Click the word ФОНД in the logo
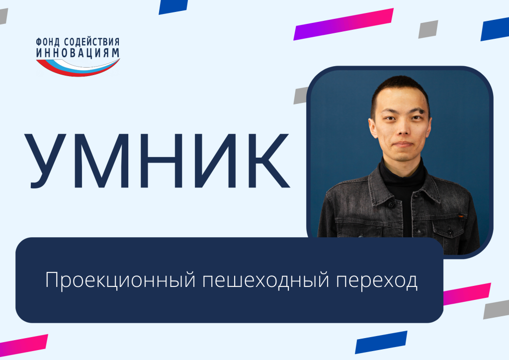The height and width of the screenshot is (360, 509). pyautogui.click(x=48, y=42)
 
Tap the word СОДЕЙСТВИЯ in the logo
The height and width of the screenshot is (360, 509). pyautogui.click(x=92, y=42)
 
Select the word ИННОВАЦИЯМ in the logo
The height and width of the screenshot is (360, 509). pyautogui.click(x=78, y=53)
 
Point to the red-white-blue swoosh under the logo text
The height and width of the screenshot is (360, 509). pyautogui.click(x=78, y=67)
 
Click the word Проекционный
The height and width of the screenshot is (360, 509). pyautogui.click(x=120, y=280)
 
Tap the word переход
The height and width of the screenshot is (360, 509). pyautogui.click(x=377, y=280)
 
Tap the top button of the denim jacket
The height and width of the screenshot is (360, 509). pyautogui.click(x=392, y=205)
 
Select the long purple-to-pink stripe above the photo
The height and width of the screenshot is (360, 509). pyautogui.click(x=343, y=24)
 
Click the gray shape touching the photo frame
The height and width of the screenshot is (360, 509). pyautogui.click(x=301, y=95)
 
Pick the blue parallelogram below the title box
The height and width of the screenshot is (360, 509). pyautogui.click(x=381, y=342)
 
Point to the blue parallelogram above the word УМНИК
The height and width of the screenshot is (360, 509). pyautogui.click(x=173, y=7)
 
